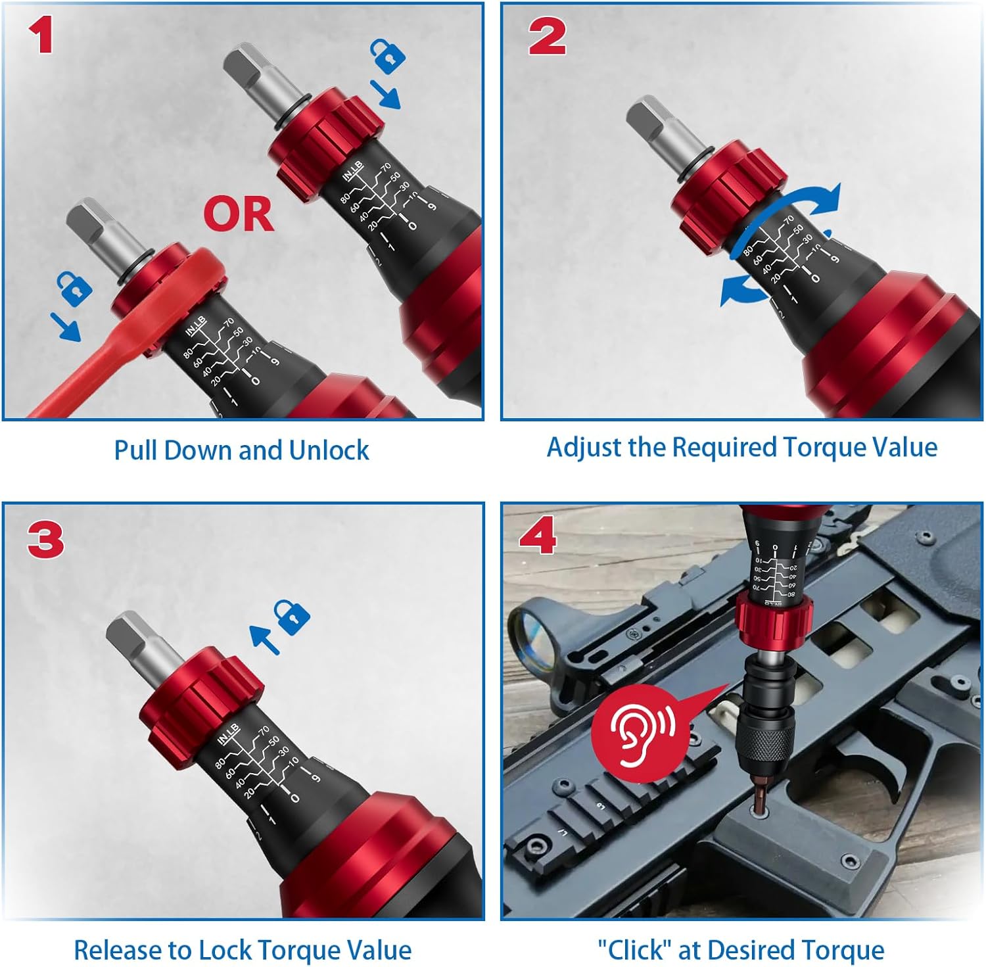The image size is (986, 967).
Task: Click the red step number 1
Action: click(x=41, y=36)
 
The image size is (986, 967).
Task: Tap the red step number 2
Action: click(x=547, y=37)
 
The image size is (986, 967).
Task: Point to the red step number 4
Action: click(x=538, y=535)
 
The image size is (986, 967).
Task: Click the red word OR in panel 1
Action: click(x=238, y=214)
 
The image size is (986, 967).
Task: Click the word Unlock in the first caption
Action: click(x=329, y=451)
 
